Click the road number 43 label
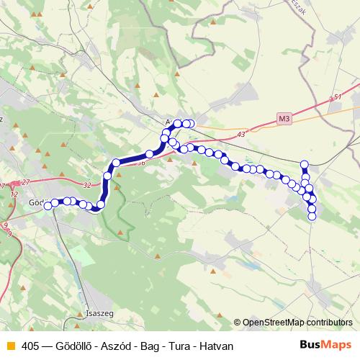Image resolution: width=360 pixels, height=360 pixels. pyautogui.click(x=240, y=134)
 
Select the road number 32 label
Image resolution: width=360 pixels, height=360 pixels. pyautogui.click(x=87, y=185)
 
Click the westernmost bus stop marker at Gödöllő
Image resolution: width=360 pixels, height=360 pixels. pyautogui.click(x=48, y=205)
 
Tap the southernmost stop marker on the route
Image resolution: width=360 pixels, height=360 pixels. pyautogui.click(x=312, y=217)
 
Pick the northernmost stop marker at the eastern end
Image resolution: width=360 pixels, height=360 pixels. pyautogui.click(x=304, y=164)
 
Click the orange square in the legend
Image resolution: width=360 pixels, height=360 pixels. pyautogui.click(x=9, y=346)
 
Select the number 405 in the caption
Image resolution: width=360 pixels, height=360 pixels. pyautogui.click(x=30, y=346)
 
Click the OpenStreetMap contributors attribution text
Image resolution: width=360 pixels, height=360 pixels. pyautogui.click(x=297, y=323)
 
